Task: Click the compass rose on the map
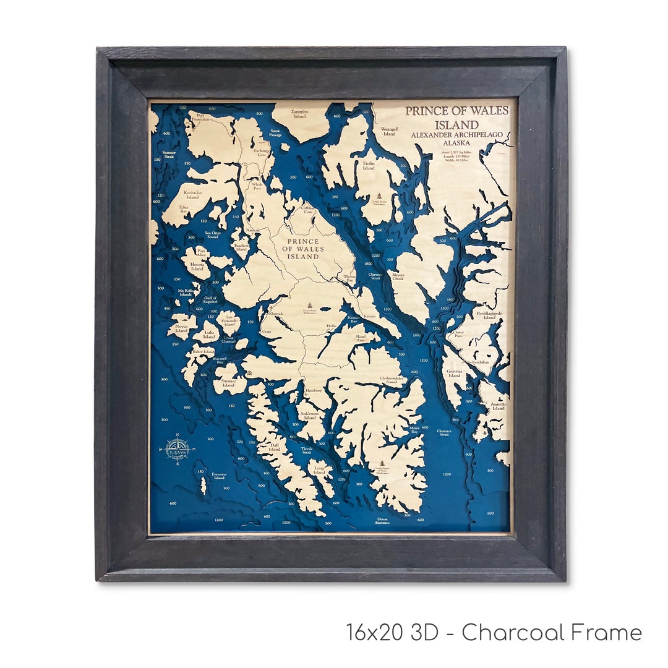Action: pos(178,450)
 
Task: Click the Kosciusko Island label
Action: pos(193,195)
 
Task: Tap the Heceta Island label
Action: pos(197,267)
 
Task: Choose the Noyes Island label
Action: pos(181,328)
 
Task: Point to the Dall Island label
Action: pos(274,447)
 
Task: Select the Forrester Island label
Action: pos(219,476)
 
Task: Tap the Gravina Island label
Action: pos(455,373)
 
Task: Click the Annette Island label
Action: pos(498,406)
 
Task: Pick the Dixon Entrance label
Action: pos(382,521)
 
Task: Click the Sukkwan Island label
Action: pos(308,415)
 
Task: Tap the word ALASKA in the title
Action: pos(458,142)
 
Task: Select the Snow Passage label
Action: pos(275,132)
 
